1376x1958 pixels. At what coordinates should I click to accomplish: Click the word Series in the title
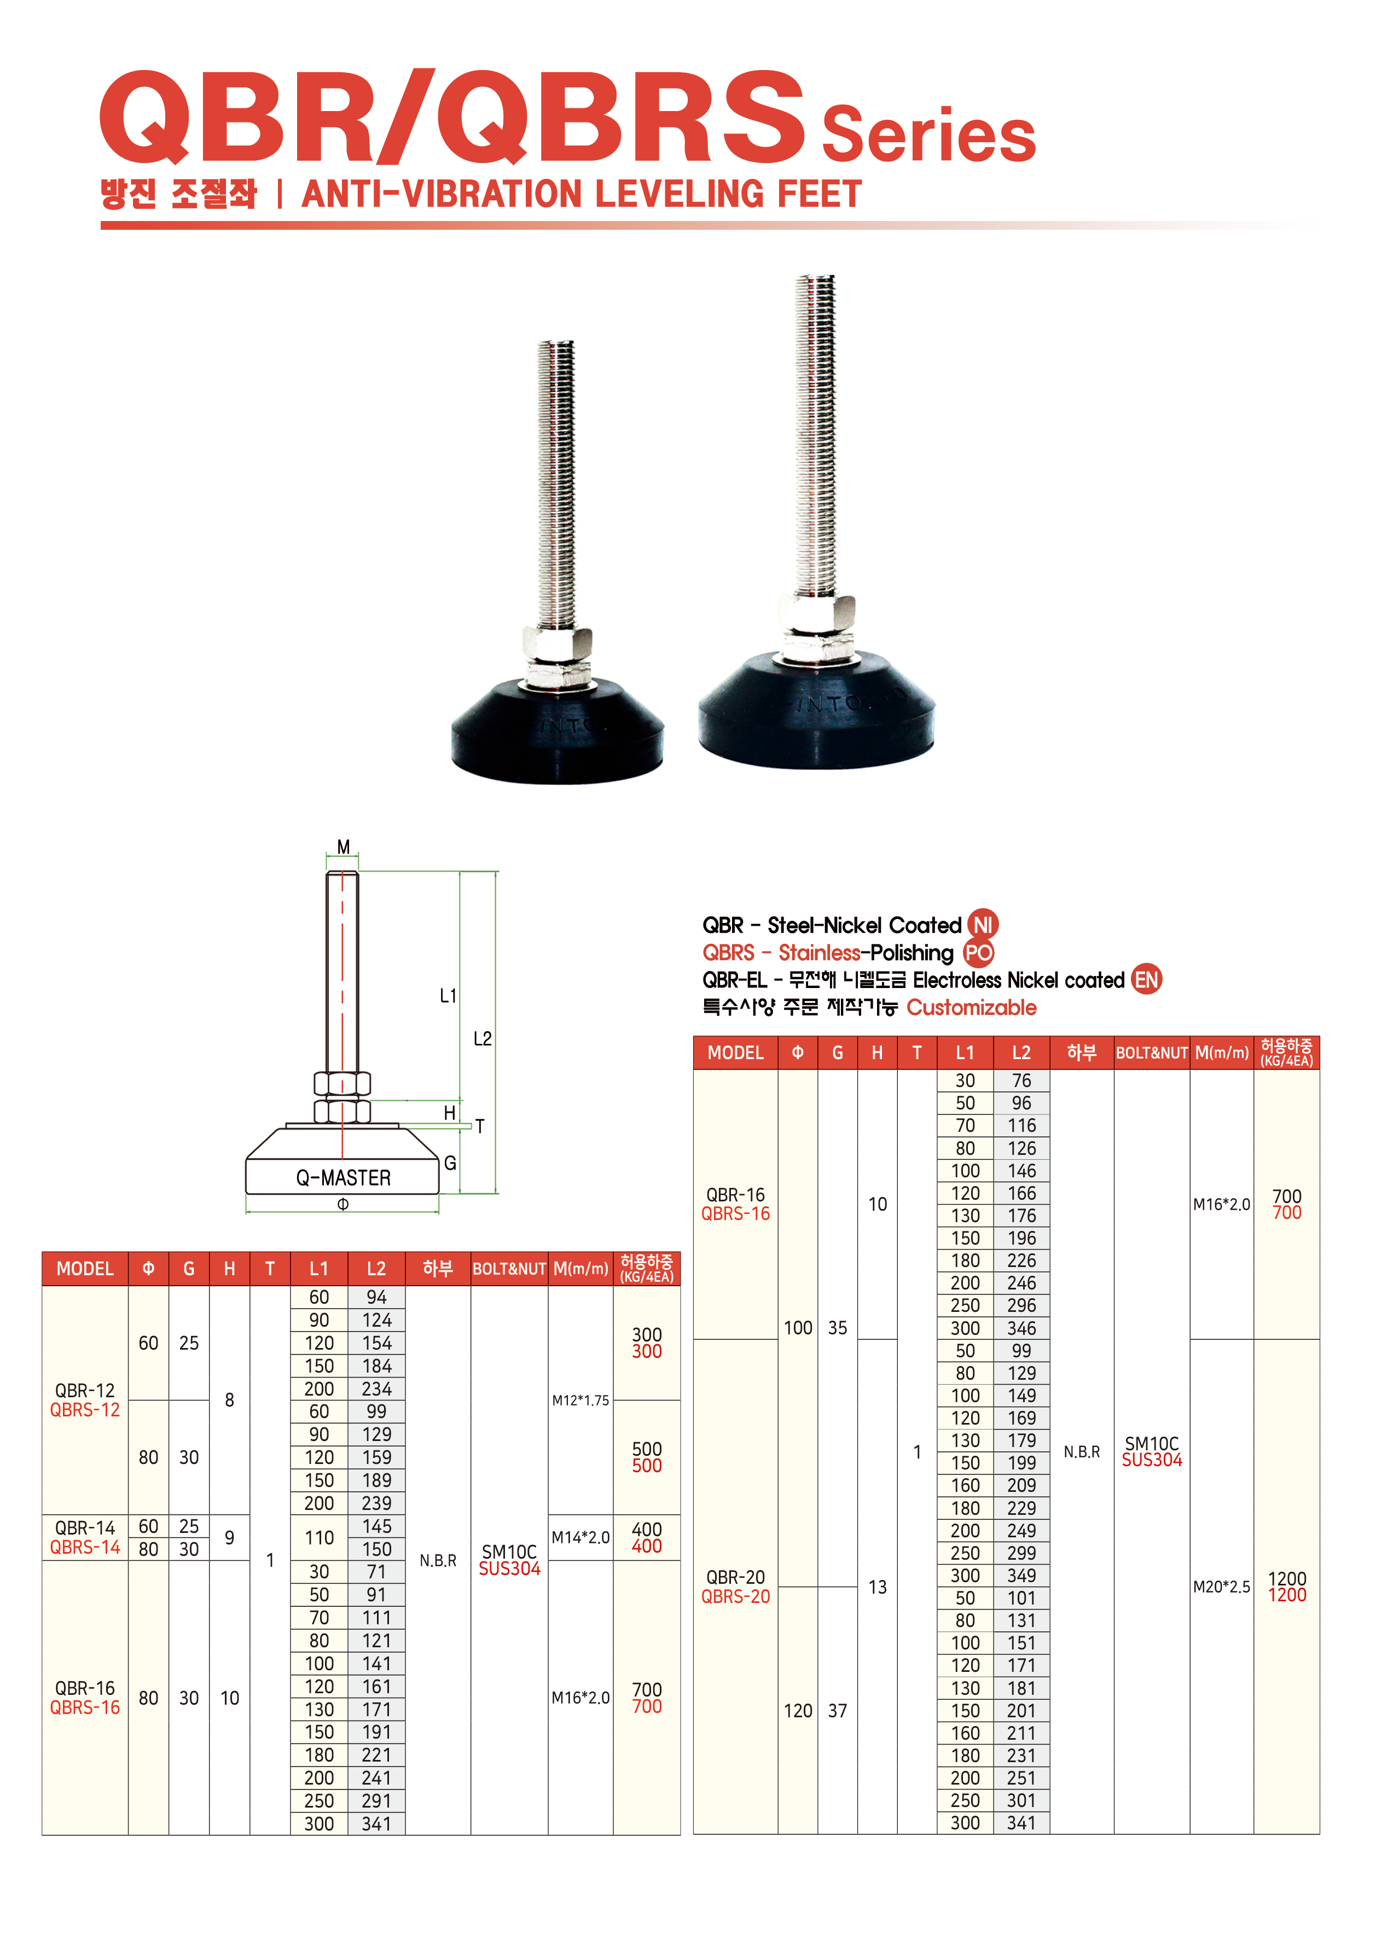(928, 134)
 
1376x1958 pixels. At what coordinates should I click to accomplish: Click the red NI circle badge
(983, 925)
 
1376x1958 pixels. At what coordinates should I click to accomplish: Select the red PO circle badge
(978, 952)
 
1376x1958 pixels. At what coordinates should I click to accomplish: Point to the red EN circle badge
(1147, 980)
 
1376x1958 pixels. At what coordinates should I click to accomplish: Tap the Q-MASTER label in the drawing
(343, 1178)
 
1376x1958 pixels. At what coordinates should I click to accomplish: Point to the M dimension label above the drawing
(343, 847)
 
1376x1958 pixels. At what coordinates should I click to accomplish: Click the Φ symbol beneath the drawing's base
(343, 1204)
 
